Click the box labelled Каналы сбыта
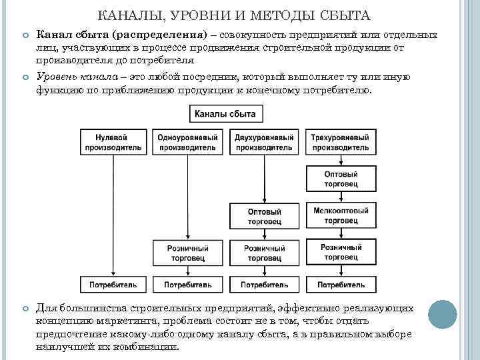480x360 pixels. [x=225, y=114]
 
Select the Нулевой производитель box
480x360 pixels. [x=113, y=142]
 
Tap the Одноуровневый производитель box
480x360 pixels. [x=188, y=142]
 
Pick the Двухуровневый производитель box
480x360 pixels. [x=264, y=142]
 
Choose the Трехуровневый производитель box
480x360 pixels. [x=341, y=142]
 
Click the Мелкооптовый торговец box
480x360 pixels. [x=341, y=215]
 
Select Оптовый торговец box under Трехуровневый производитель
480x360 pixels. [x=341, y=177]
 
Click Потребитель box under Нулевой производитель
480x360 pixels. [x=113, y=285]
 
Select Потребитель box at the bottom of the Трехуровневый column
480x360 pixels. [x=341, y=285]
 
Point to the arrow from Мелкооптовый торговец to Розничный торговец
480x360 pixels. [x=341, y=234]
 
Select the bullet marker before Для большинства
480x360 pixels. [x=25, y=309]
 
